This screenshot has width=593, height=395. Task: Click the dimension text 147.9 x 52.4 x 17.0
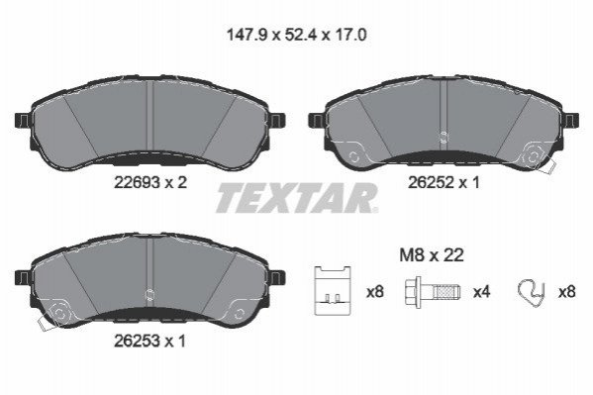click(296, 36)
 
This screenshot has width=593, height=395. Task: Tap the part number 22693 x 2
click(150, 183)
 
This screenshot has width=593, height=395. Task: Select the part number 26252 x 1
click(444, 183)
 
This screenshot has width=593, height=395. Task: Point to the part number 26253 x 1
click(149, 342)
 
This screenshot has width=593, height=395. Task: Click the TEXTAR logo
click(297, 198)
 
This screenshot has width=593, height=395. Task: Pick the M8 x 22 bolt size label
click(432, 255)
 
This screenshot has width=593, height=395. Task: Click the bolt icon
click(433, 292)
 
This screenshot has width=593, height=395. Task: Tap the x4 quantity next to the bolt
click(482, 292)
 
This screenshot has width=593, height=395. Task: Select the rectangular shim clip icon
click(333, 290)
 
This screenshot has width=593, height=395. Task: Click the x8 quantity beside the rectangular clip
click(375, 292)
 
